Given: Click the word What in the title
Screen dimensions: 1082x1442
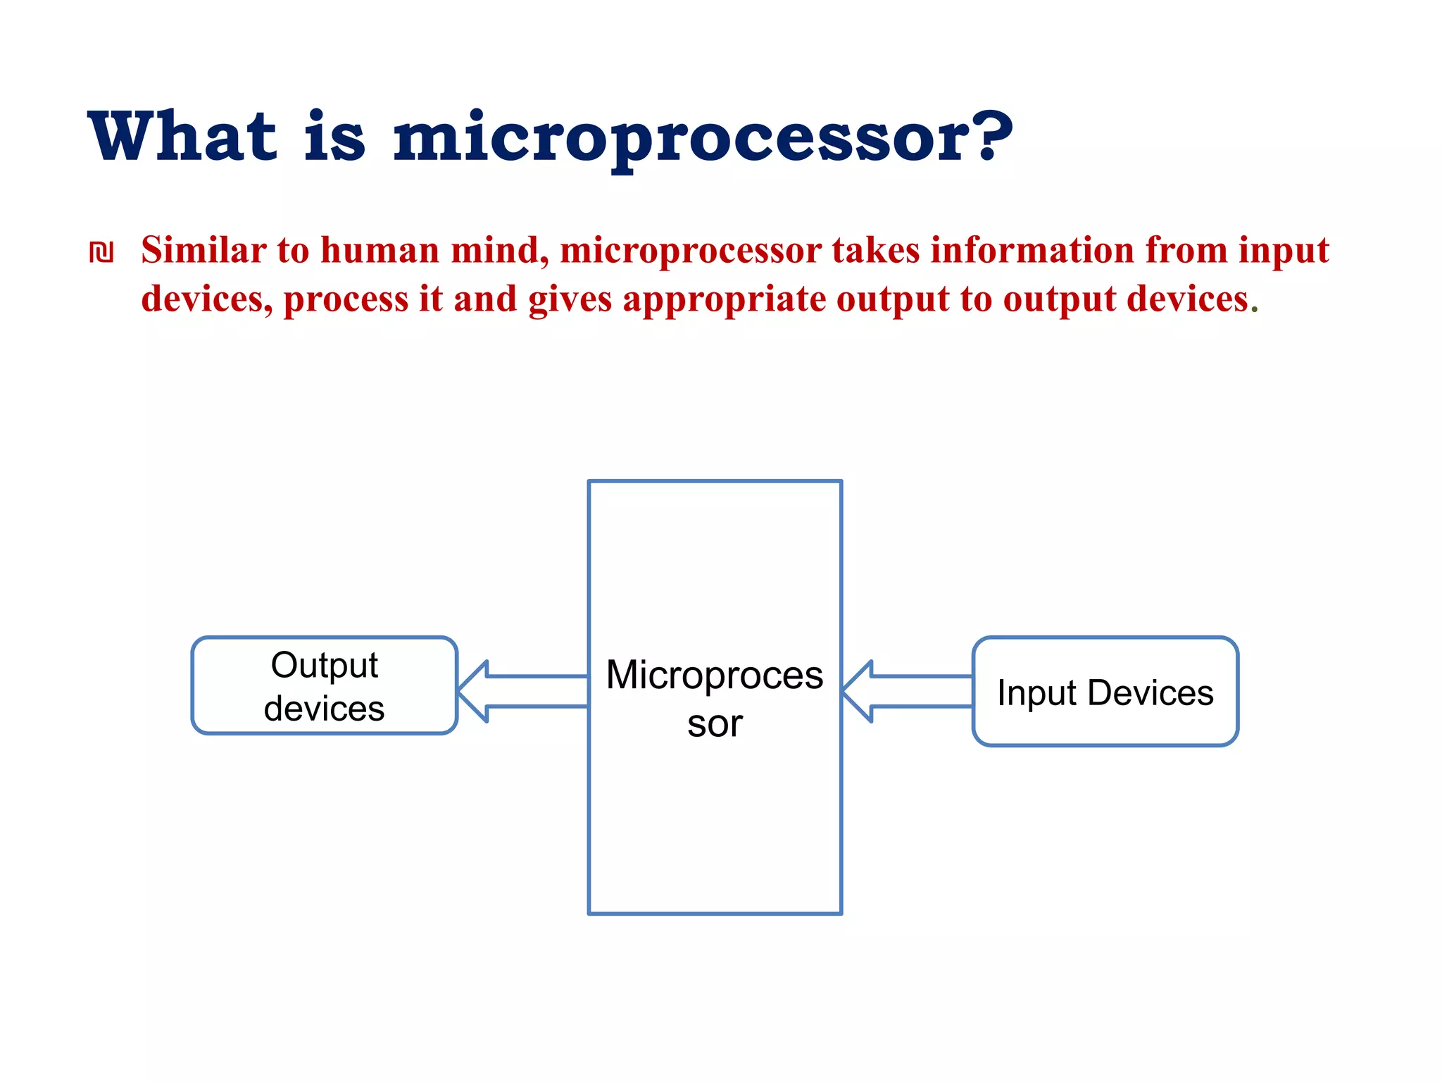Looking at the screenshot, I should point(182,137).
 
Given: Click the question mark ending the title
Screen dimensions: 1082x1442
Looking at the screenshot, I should point(991,135).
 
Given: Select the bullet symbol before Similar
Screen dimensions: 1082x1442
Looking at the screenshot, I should point(101,252).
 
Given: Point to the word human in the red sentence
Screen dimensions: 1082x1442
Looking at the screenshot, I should point(380,251).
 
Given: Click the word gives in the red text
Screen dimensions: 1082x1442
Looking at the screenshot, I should point(570,300).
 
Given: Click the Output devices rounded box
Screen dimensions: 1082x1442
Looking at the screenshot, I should point(325,685).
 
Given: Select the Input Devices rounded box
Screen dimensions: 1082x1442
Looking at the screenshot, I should point(1105,692).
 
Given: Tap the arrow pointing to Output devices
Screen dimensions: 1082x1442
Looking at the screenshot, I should point(522,691).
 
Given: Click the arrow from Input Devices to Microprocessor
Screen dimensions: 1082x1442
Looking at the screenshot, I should point(907,691).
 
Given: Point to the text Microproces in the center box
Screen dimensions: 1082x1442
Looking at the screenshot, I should point(714,675).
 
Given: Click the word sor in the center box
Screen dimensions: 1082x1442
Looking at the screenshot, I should point(715,724).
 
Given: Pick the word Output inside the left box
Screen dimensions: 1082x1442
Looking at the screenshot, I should point(325,665).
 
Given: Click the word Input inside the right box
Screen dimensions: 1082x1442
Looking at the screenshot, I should point(1036,693).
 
